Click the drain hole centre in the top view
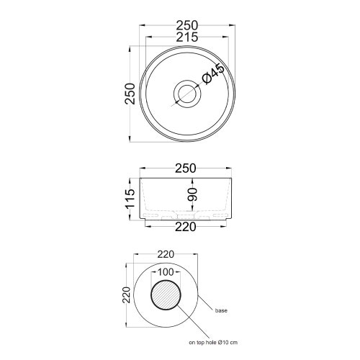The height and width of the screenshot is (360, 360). pyautogui.click(x=186, y=92)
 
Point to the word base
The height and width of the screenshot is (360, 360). pyautogui.click(x=222, y=310)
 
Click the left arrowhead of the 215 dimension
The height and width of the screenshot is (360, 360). pyautogui.click(x=147, y=37)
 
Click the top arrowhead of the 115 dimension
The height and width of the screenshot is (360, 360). pyautogui.click(x=138, y=176)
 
